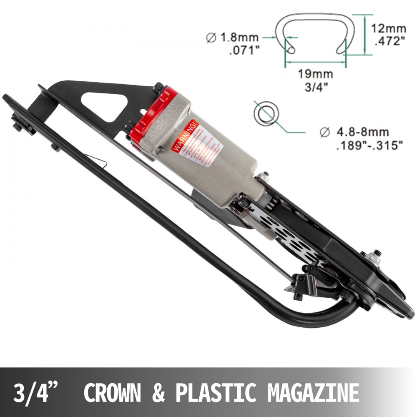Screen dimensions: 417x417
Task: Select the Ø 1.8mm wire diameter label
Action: click(x=233, y=38)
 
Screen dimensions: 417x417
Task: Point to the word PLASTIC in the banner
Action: click(x=216, y=392)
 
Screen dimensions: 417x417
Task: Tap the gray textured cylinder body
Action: click(x=204, y=163)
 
